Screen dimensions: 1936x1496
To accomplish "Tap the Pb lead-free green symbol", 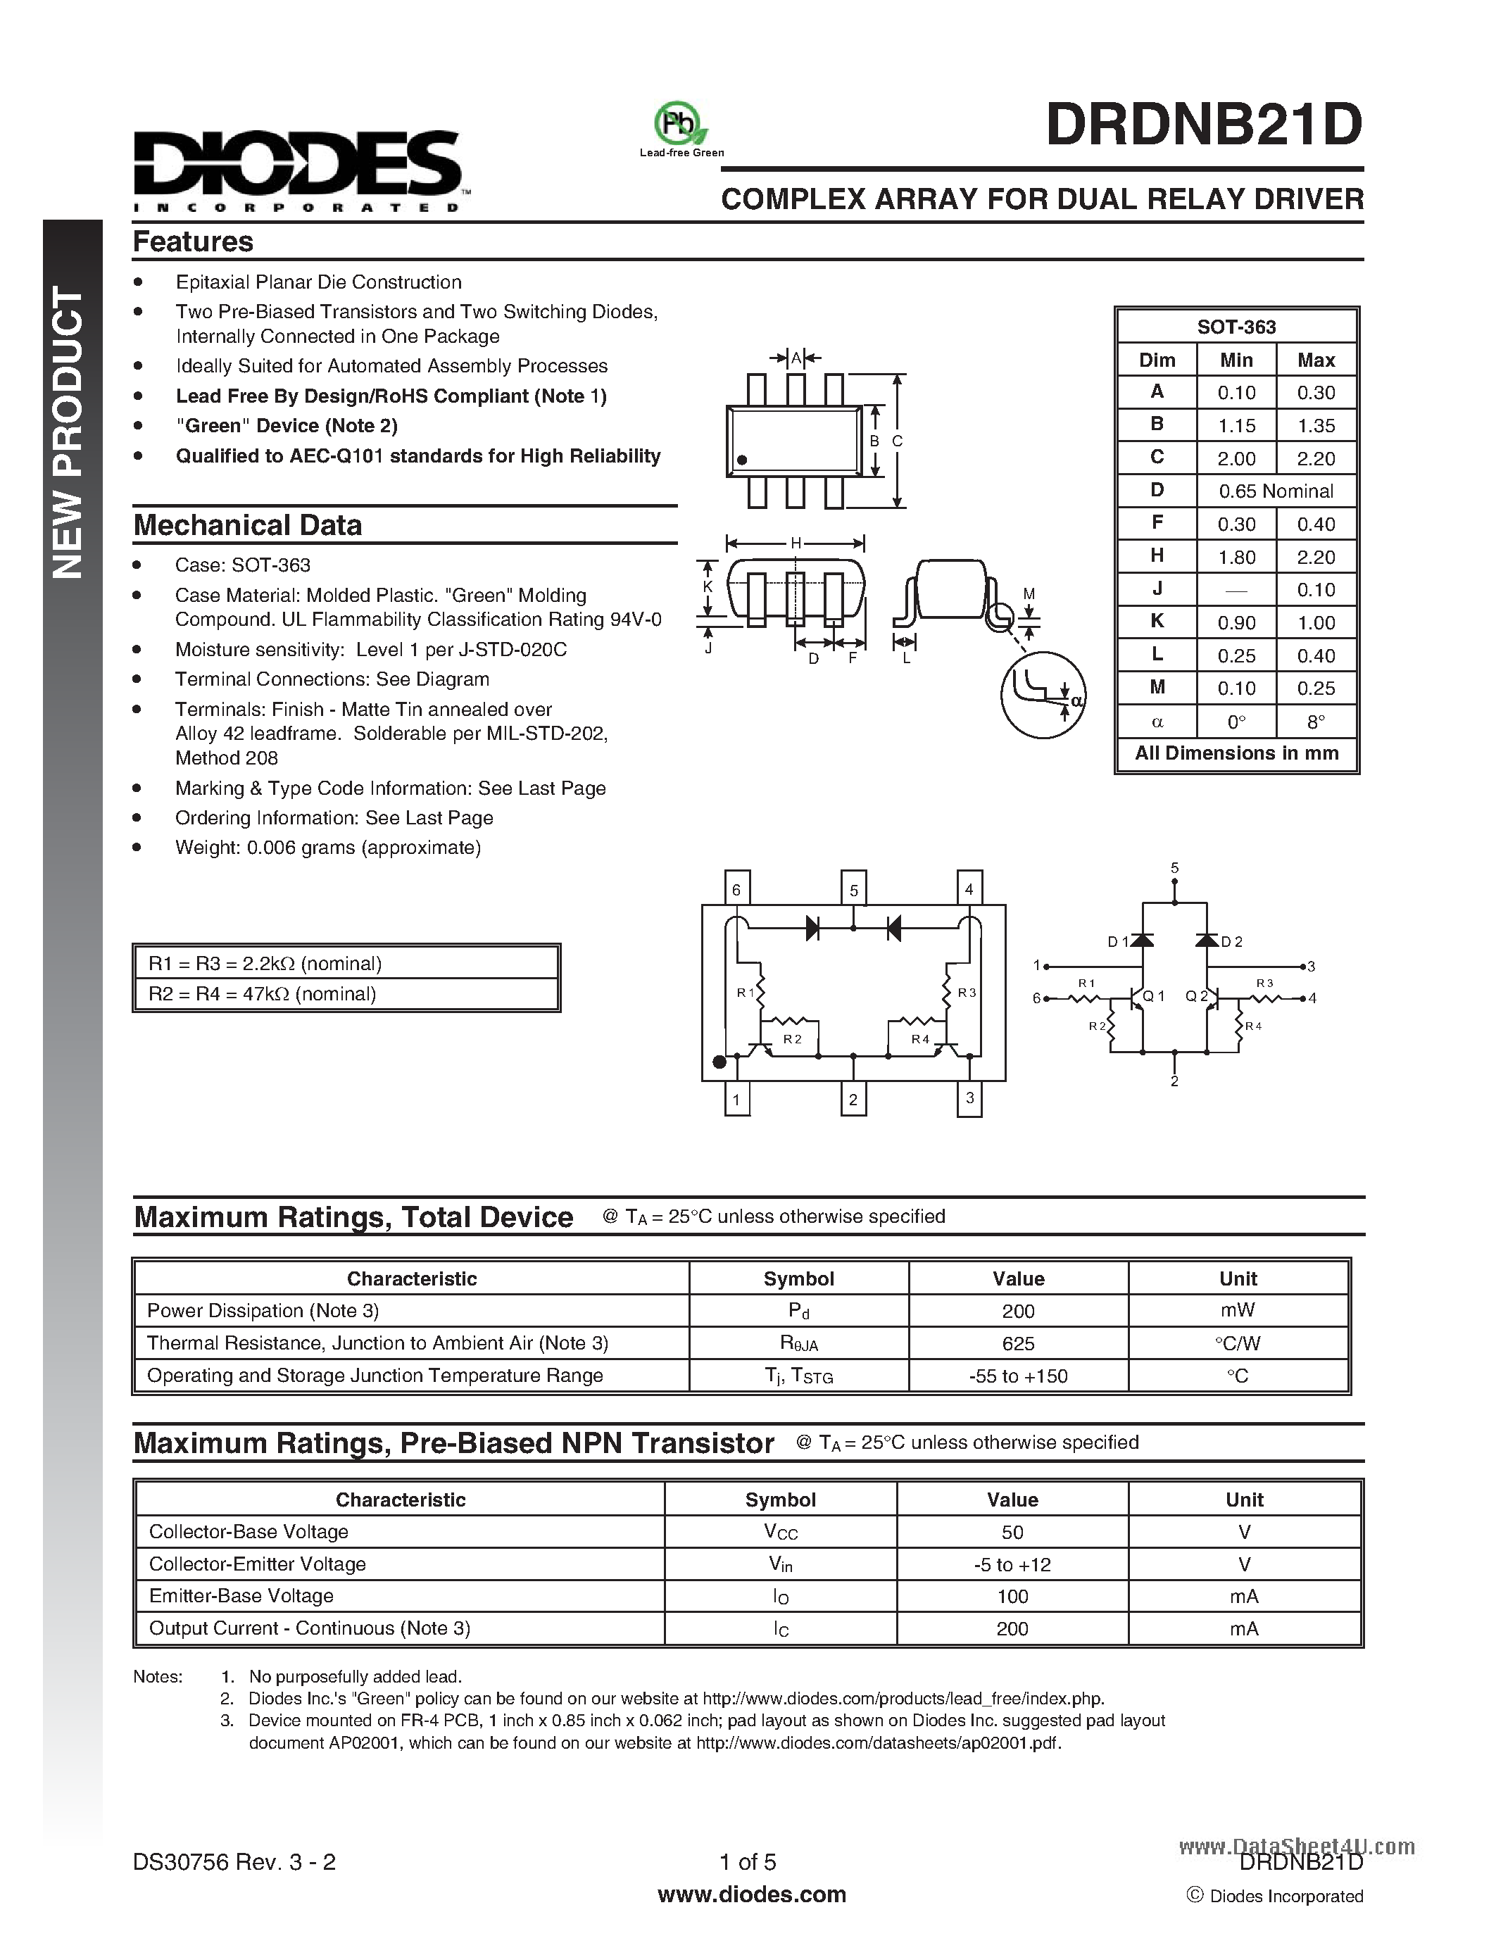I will (x=680, y=124).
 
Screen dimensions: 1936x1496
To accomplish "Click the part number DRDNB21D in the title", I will (x=1204, y=125).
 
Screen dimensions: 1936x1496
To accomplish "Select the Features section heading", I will (x=193, y=241).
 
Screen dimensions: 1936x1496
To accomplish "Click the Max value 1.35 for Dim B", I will (x=1315, y=425).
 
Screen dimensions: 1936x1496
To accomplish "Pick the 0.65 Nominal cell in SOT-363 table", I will (x=1276, y=491).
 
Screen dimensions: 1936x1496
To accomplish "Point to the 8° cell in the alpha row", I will (x=1315, y=722).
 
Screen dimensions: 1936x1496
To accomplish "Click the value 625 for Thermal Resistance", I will (x=1017, y=1343).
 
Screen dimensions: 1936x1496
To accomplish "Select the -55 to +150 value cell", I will (x=1017, y=1376).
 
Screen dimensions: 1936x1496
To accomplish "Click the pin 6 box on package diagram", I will (x=736, y=889).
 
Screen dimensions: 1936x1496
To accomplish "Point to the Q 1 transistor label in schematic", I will (x=1153, y=995).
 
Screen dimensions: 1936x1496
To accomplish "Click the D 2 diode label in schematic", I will (x=1232, y=941).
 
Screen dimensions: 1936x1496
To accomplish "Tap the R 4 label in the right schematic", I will (x=1252, y=1026).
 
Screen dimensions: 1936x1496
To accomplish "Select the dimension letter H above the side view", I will (x=795, y=543).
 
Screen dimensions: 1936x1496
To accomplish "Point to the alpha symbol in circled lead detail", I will (x=1076, y=700).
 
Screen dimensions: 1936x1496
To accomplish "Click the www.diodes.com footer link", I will (x=752, y=1894).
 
